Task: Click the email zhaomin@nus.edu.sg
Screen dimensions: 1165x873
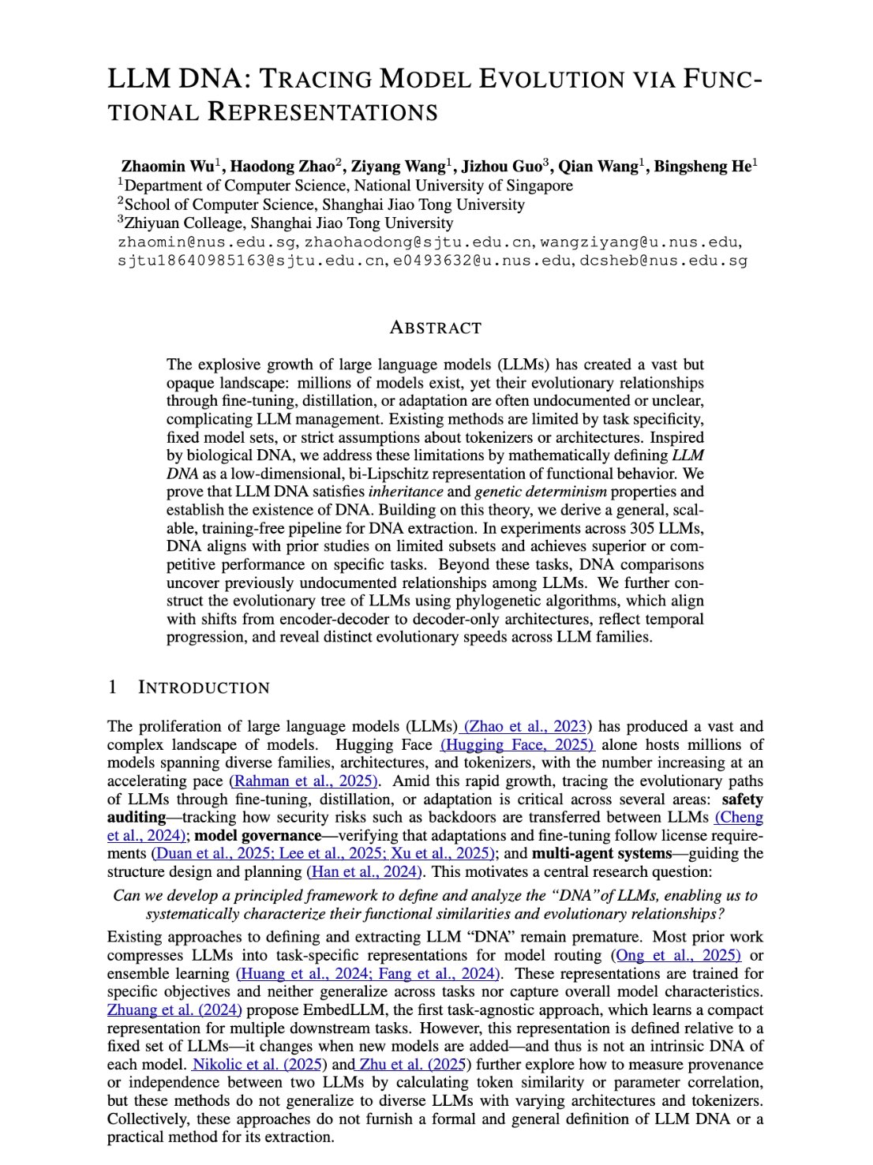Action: (207, 242)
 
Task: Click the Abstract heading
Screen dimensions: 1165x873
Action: (436, 328)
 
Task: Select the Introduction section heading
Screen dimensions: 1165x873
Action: (204, 687)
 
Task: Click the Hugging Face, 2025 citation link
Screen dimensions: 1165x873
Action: (517, 744)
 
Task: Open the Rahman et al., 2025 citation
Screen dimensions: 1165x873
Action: (305, 781)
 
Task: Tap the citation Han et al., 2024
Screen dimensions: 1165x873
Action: (365, 871)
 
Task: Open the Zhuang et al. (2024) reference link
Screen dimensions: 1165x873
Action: (174, 1010)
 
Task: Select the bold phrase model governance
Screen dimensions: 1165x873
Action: (258, 835)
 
